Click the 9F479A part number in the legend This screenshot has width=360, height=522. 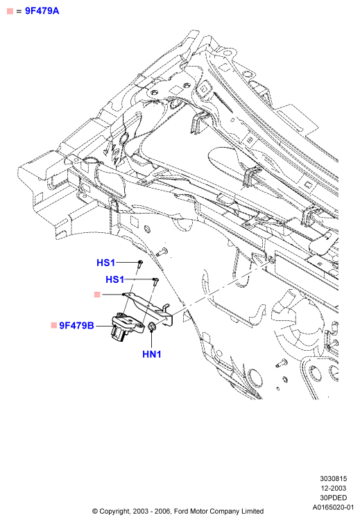(x=42, y=11)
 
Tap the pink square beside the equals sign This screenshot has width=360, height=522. (x=10, y=11)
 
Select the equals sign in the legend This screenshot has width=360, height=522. (x=19, y=12)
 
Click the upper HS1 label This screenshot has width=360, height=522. (x=105, y=263)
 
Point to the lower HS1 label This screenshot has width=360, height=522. (x=114, y=279)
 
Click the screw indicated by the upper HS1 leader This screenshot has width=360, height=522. (x=140, y=264)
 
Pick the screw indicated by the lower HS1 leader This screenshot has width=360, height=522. (x=155, y=281)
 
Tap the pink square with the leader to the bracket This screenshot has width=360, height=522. (x=97, y=295)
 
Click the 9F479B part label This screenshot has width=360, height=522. (x=76, y=326)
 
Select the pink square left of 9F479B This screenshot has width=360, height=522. (x=53, y=325)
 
